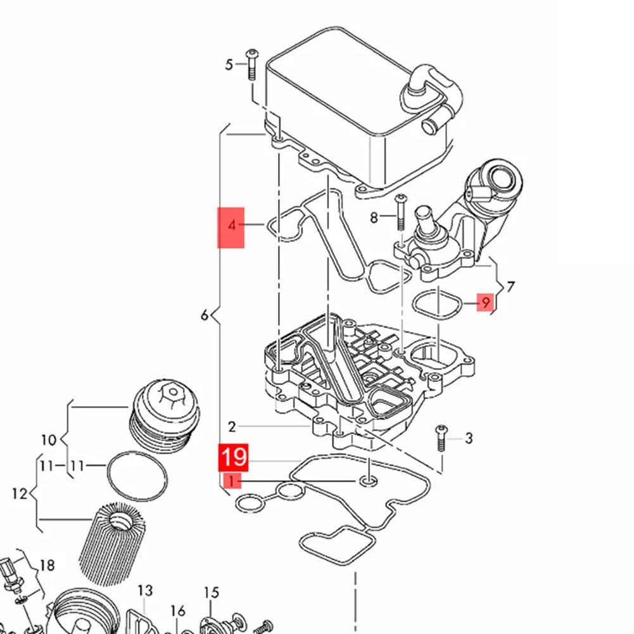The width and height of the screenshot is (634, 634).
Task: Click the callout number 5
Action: tap(229, 64)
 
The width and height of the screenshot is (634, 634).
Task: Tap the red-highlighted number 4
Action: tap(232, 225)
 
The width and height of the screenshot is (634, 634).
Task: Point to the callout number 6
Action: tap(205, 314)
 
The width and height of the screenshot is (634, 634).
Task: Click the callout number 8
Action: tap(374, 218)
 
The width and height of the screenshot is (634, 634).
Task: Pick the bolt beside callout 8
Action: tap(400, 212)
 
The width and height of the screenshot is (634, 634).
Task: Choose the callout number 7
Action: tap(510, 288)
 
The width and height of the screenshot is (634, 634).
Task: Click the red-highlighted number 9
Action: tap(485, 303)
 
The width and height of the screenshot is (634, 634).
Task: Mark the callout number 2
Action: tap(232, 426)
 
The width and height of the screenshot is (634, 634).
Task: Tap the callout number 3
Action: tap(469, 438)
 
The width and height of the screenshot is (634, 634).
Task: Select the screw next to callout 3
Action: tap(441, 439)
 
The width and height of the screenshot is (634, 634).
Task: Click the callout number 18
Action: tap(47, 566)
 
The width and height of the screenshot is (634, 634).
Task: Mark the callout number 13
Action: tap(145, 591)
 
